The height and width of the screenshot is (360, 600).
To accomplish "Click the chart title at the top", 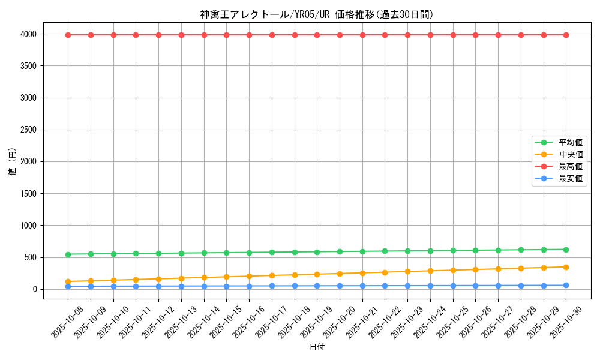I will (317, 14).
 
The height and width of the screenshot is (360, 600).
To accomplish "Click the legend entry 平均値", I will (570, 142).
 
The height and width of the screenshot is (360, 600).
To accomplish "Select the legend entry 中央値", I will (570, 154).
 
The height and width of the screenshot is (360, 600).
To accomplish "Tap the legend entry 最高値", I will (570, 166).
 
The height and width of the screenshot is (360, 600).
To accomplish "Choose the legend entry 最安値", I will (570, 178).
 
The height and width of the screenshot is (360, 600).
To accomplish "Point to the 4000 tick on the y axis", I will (28, 34).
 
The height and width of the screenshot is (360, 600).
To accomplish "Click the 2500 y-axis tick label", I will (28, 130).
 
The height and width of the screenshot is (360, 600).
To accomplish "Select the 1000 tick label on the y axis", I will (28, 226).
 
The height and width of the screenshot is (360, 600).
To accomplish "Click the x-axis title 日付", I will (317, 347).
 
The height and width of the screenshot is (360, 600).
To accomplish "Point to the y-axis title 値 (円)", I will (13, 161).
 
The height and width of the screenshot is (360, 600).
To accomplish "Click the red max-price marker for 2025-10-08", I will (68, 35).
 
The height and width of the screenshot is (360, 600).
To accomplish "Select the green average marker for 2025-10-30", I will (566, 250).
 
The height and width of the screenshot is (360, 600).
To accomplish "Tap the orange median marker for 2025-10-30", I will (566, 267).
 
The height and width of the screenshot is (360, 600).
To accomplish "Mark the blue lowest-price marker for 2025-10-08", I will (68, 286).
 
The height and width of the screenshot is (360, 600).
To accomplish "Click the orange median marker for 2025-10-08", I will (68, 281).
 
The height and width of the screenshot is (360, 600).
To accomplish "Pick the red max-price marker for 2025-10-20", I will (340, 35).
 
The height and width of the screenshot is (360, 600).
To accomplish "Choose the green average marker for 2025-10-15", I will (227, 253).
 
